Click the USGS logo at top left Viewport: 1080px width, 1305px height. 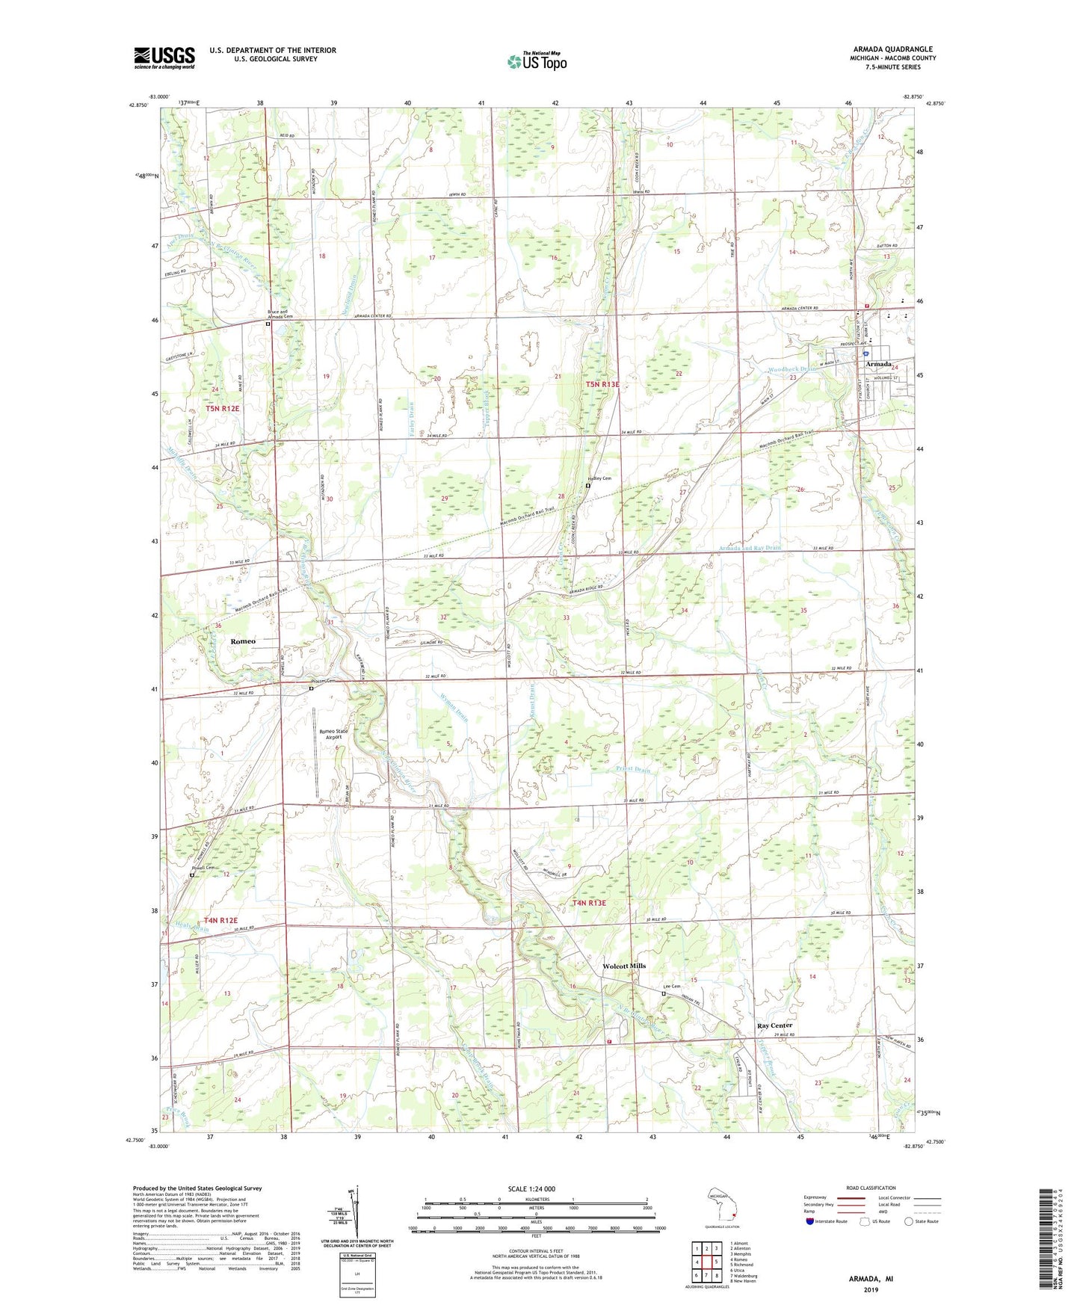[164, 58]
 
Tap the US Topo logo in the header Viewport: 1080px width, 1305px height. [536, 61]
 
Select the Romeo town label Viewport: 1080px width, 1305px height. [243, 641]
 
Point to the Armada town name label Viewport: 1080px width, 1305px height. [879, 364]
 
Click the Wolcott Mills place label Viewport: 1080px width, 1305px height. [624, 966]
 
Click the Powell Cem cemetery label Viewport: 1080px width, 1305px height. [203, 868]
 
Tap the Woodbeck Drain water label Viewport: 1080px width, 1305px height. [793, 369]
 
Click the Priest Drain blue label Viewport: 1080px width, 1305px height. [633, 769]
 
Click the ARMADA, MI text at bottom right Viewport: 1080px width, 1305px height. [871, 1279]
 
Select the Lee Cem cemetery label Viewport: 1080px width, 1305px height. [673, 987]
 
